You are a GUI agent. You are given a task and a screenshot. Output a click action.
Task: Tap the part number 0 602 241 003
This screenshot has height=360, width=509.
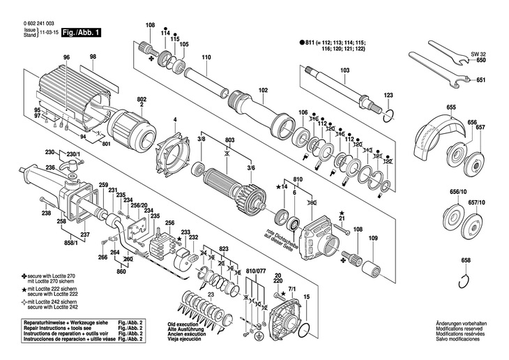(x=39, y=23)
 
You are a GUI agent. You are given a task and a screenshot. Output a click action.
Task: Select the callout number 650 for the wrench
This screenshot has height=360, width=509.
(x=481, y=60)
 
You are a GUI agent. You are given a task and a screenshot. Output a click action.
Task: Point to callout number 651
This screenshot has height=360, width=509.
(x=481, y=80)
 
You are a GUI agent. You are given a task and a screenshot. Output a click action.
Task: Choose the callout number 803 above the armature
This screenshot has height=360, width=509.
(x=230, y=140)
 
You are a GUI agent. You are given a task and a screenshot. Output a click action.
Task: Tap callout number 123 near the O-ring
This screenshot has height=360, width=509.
(x=389, y=94)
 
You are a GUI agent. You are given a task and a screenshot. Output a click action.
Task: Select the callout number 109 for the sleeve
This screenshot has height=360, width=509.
(x=372, y=239)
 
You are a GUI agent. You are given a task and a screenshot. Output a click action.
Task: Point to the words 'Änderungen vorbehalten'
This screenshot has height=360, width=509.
(x=462, y=324)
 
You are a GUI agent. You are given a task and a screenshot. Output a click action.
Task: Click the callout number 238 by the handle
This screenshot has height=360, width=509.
(x=46, y=213)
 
